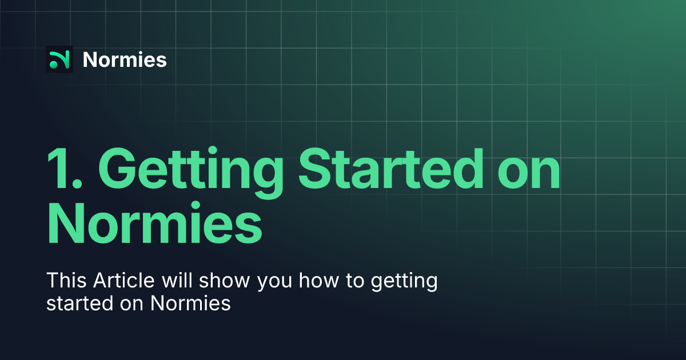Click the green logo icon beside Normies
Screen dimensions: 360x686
pyautogui.click(x=59, y=59)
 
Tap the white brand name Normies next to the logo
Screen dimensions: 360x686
pyautogui.click(x=125, y=59)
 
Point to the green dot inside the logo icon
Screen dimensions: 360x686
pyautogui.click(x=54, y=65)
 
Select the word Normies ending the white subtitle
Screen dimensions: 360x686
pyautogui.click(x=191, y=303)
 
